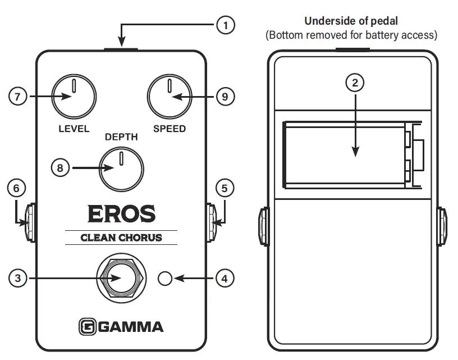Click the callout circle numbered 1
click(x=225, y=25)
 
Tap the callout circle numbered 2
click(x=354, y=83)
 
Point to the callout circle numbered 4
click(x=225, y=278)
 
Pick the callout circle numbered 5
click(x=225, y=188)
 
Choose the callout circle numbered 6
click(x=16, y=188)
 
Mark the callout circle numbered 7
click(x=17, y=97)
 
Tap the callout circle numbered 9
click(x=225, y=97)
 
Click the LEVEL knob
click(x=73, y=97)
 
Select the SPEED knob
click(x=169, y=97)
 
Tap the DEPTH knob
click(x=121, y=168)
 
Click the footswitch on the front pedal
click(x=121, y=279)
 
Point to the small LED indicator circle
click(x=165, y=278)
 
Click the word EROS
click(x=121, y=214)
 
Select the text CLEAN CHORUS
click(x=121, y=238)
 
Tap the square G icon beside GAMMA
click(x=86, y=326)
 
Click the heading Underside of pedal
click(x=351, y=21)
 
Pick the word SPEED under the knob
click(x=170, y=129)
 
